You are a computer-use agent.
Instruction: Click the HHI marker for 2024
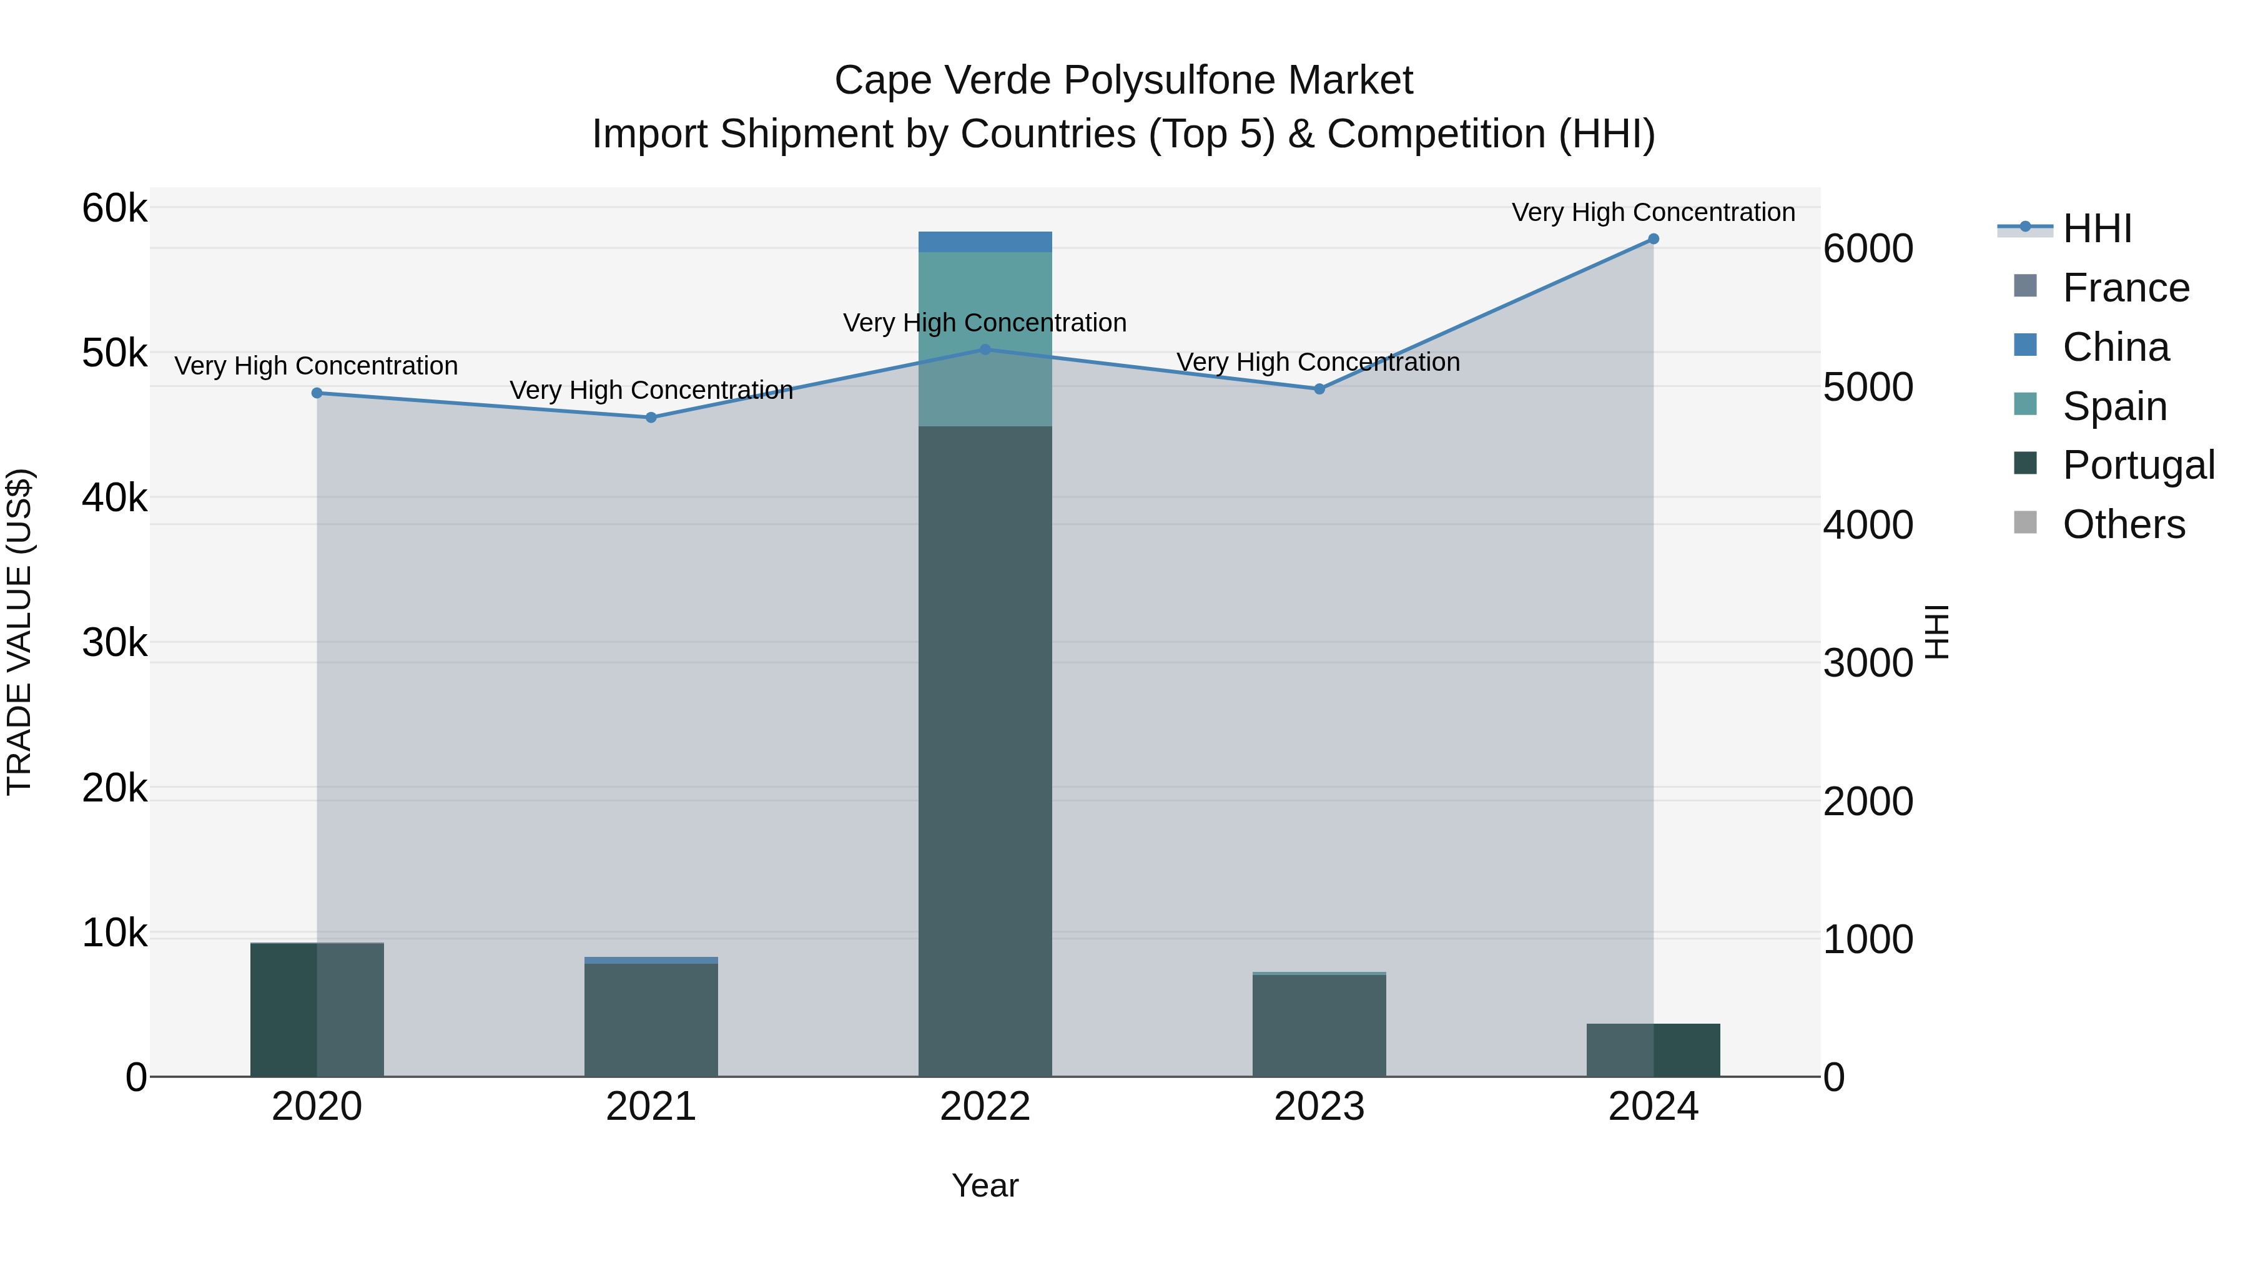[x=1653, y=239]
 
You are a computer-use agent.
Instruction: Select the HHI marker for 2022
[x=985, y=350]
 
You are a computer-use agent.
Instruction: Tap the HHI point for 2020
[x=317, y=393]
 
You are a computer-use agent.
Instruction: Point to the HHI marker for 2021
[x=651, y=418]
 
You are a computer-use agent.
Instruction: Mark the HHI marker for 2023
[x=1319, y=389]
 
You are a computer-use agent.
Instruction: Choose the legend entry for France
[x=2125, y=288]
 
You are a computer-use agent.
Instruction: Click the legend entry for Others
[x=2123, y=524]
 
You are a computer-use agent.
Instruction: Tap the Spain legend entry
[x=2114, y=406]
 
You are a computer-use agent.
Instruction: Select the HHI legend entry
[x=2097, y=228]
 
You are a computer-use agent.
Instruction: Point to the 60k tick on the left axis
[x=114, y=208]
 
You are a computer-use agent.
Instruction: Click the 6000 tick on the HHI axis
[x=1868, y=248]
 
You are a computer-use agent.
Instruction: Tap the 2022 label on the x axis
[x=985, y=1107]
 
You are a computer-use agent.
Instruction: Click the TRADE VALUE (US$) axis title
[x=19, y=632]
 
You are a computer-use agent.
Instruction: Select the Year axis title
[x=985, y=1185]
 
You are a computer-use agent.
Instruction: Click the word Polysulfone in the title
[x=1168, y=81]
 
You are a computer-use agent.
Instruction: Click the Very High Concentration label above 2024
[x=1653, y=212]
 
